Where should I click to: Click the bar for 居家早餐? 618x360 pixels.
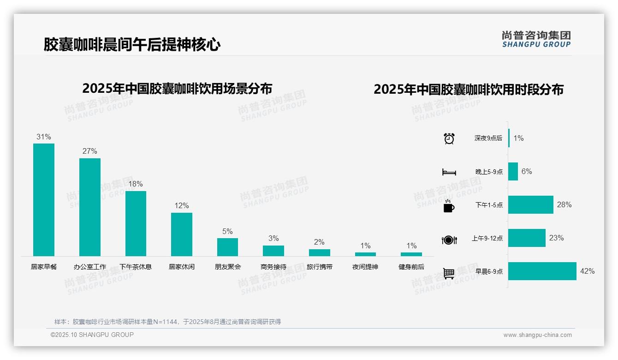click(x=44, y=199)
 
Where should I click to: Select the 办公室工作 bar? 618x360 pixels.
click(x=90, y=207)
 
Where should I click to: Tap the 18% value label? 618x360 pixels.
click(x=136, y=184)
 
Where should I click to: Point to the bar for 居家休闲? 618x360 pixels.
click(x=182, y=234)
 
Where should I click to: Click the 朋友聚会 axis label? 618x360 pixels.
click(x=228, y=267)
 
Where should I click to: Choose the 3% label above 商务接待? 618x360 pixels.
click(x=273, y=239)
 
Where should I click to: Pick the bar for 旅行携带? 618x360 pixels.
click(x=320, y=252)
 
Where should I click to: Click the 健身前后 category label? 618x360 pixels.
click(x=411, y=267)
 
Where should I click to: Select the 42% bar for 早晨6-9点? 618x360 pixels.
click(x=542, y=271)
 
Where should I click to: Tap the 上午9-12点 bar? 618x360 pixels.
click(x=527, y=238)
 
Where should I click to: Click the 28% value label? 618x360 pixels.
click(x=564, y=204)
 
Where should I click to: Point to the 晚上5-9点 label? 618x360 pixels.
click(x=489, y=172)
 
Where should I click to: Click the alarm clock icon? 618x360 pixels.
click(x=449, y=138)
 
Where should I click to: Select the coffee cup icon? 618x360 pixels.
click(x=449, y=205)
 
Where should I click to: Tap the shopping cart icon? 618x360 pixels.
click(x=449, y=273)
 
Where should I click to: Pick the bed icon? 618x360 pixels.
click(x=449, y=172)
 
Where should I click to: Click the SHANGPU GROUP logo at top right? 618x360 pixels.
click(x=536, y=39)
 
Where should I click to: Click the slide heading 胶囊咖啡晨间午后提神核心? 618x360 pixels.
click(x=132, y=45)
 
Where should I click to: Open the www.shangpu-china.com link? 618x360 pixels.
click(x=537, y=335)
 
